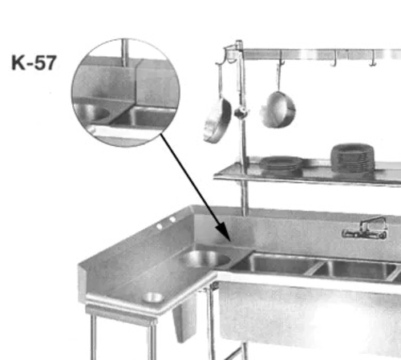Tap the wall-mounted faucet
[356, 233]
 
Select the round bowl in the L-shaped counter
[200, 259]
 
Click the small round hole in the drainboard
[152, 297]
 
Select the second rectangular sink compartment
[358, 268]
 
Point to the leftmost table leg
[95, 337]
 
